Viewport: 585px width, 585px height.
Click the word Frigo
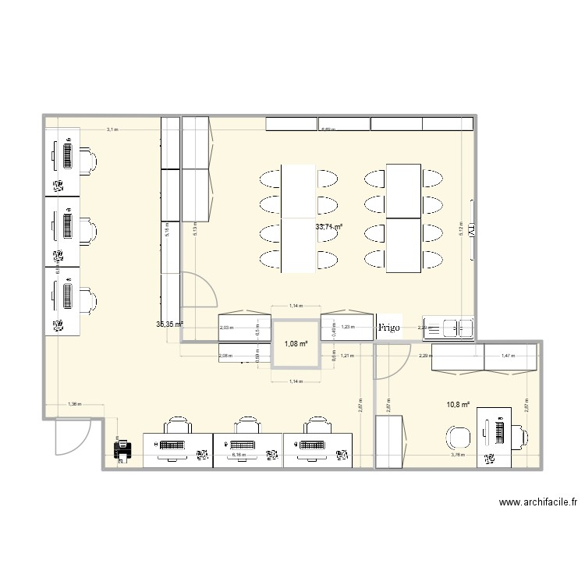point(388,328)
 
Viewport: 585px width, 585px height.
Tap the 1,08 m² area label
point(296,343)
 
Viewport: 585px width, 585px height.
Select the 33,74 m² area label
point(329,227)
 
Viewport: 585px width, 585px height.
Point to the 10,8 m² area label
point(458,404)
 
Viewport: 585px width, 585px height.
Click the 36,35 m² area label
point(169,324)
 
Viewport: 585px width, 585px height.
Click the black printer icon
point(123,450)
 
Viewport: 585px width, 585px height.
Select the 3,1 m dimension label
point(112,129)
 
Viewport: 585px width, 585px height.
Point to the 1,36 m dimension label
point(74,404)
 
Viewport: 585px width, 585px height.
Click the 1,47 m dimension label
point(507,356)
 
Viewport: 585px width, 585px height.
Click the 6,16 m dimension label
point(238,452)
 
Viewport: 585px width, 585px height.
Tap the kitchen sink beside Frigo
point(448,328)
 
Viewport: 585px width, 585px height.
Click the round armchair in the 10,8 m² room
point(456,436)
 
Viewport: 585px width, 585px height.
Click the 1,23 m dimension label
point(348,327)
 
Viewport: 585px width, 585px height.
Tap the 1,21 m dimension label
point(348,356)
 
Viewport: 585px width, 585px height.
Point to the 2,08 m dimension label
point(225,356)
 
